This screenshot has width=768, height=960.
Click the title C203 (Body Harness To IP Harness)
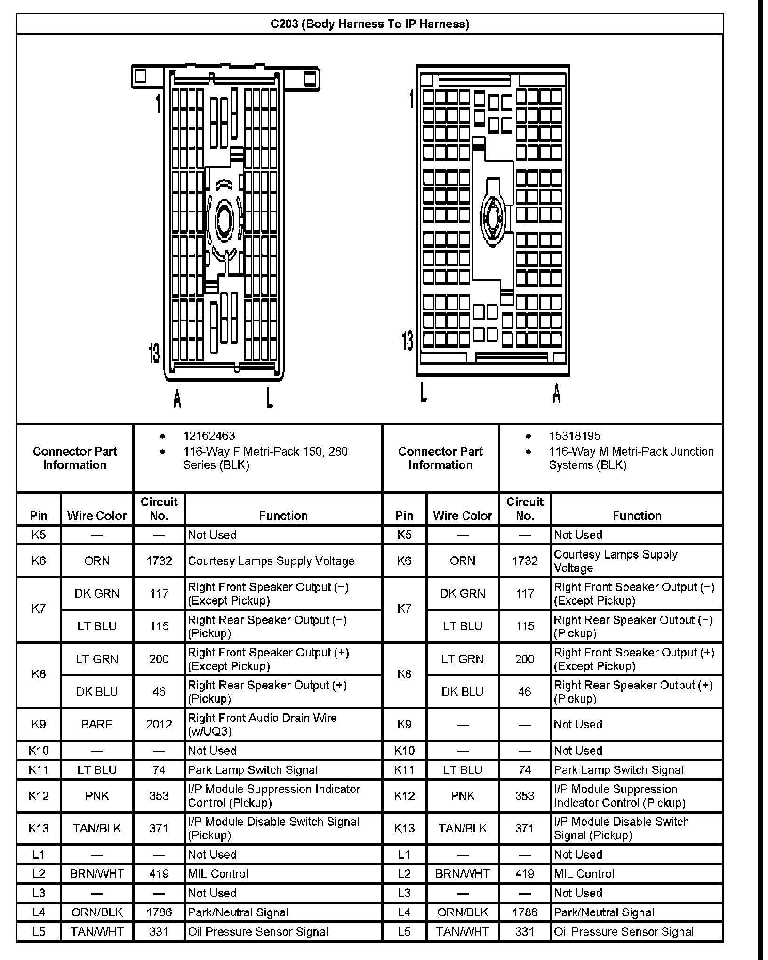pos(370,24)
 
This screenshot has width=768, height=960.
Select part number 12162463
pos(209,436)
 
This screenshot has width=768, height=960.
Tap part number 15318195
pos(575,436)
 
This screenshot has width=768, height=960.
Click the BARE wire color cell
pos(97,724)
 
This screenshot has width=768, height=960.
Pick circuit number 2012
pos(159,724)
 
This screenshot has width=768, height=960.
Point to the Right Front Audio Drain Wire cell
pos(262,724)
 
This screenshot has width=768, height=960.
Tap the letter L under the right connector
pos(424,392)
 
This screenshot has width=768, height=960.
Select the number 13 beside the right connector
pos(408,340)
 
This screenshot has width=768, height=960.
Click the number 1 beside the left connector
pos(159,104)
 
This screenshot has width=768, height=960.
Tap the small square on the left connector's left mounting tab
pos(140,76)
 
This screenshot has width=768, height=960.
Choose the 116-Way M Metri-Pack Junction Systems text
pos(631,458)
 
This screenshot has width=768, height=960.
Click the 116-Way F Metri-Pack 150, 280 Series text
pos(265,458)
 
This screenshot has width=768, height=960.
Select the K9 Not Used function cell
pos(578,724)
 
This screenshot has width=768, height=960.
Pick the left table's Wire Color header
pos(97,516)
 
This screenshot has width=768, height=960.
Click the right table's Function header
pos(637,516)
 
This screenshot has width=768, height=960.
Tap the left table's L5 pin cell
pos(39,932)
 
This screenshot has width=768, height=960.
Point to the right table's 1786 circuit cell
pos(525,912)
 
